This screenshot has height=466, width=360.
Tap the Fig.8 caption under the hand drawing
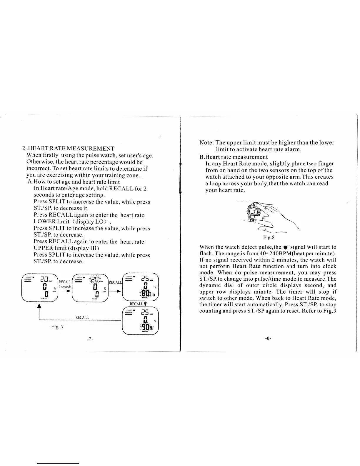[x=269, y=237]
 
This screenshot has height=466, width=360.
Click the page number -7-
[x=90, y=339]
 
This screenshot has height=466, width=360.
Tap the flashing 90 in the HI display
[x=145, y=328]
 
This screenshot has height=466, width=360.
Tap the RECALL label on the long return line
[x=82, y=317]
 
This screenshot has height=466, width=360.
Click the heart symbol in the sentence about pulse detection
[x=286, y=247]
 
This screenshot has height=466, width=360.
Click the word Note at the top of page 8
[x=206, y=143]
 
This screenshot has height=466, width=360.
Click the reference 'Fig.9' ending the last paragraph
[x=329, y=311]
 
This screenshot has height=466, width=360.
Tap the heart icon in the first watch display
[x=33, y=277]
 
